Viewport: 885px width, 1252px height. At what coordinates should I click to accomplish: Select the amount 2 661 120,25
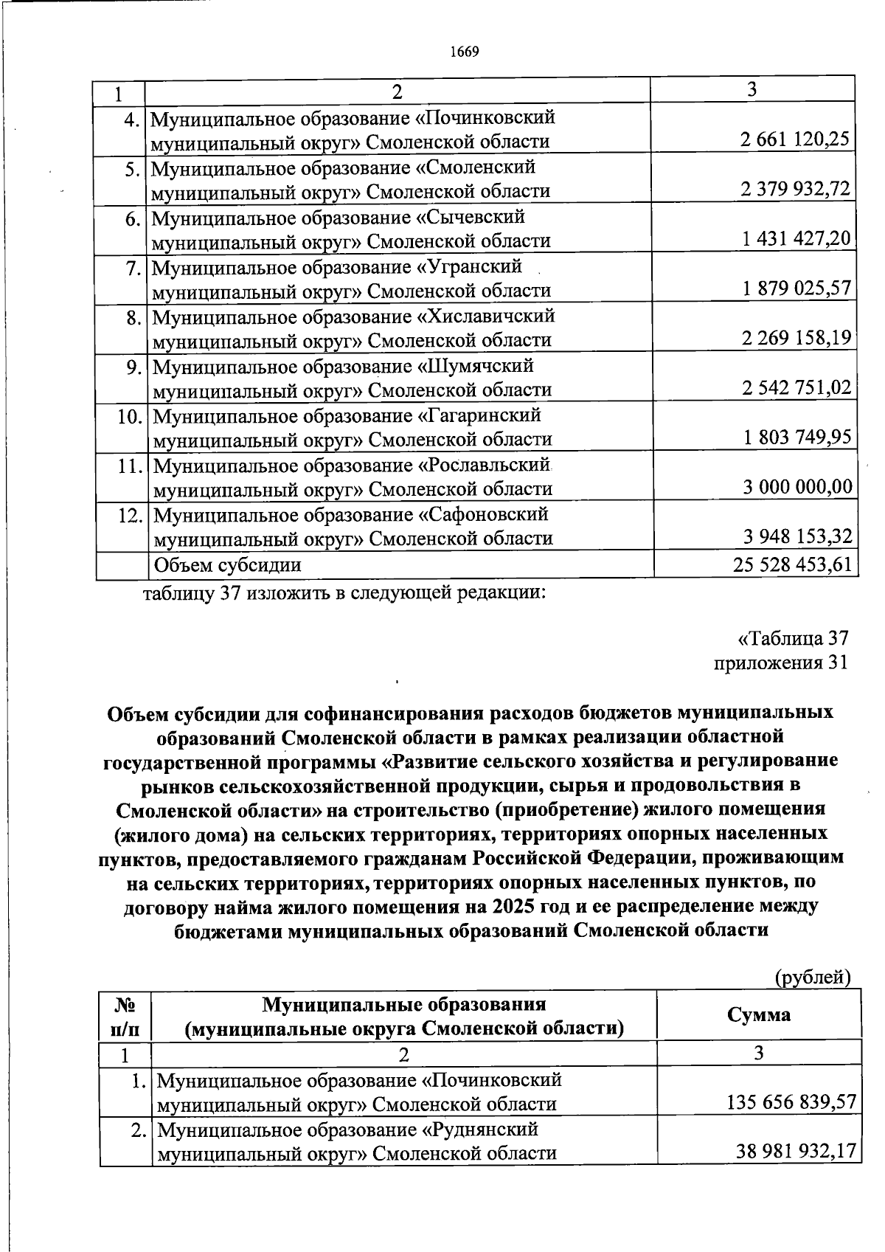pyautogui.click(x=796, y=139)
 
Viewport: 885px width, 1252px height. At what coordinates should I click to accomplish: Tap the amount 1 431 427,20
pyautogui.click(x=796, y=238)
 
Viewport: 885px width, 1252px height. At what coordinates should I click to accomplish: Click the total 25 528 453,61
pyautogui.click(x=793, y=564)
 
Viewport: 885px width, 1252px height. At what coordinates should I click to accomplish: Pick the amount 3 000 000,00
pyautogui.click(x=796, y=487)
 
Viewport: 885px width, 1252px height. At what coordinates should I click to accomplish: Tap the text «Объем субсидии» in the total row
pyautogui.click(x=226, y=565)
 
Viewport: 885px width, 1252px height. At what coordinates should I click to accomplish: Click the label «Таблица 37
pyautogui.click(x=792, y=637)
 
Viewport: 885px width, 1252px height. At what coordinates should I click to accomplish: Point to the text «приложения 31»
pyautogui.click(x=781, y=663)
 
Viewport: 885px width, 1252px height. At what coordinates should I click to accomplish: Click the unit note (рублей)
pyautogui.click(x=813, y=978)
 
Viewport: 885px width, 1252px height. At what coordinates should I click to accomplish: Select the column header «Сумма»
pyautogui.click(x=759, y=1014)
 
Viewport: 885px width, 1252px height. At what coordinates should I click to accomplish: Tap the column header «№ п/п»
pyautogui.click(x=125, y=1015)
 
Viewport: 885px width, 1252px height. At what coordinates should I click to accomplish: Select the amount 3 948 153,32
pyautogui.click(x=796, y=536)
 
